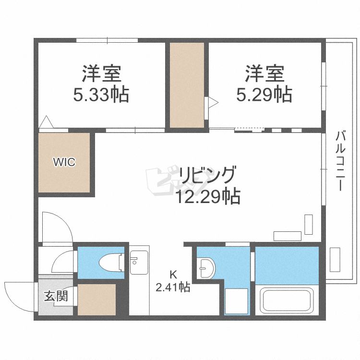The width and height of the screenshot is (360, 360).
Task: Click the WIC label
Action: [64, 162]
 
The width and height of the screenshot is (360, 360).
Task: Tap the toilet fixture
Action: [111, 263]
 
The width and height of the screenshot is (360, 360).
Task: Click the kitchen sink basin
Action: [139, 263]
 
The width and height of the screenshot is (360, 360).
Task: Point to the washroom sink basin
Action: [206, 268]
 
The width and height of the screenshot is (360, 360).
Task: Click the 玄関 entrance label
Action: [56, 296]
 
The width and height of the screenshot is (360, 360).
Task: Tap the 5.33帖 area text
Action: [101, 95]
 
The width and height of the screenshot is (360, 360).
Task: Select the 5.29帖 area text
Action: [264, 94]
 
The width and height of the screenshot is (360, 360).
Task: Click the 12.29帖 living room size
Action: [208, 196]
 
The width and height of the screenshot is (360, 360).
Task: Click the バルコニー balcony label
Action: [340, 161]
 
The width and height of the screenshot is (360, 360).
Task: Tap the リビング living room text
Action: [207, 175]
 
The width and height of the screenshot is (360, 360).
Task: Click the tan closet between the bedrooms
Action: [187, 85]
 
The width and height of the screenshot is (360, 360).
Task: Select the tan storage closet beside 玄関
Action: [96, 300]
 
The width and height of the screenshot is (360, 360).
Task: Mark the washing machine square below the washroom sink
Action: [237, 301]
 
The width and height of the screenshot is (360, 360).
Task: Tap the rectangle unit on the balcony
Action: [335, 260]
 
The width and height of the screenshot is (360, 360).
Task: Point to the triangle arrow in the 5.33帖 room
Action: [47, 122]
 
